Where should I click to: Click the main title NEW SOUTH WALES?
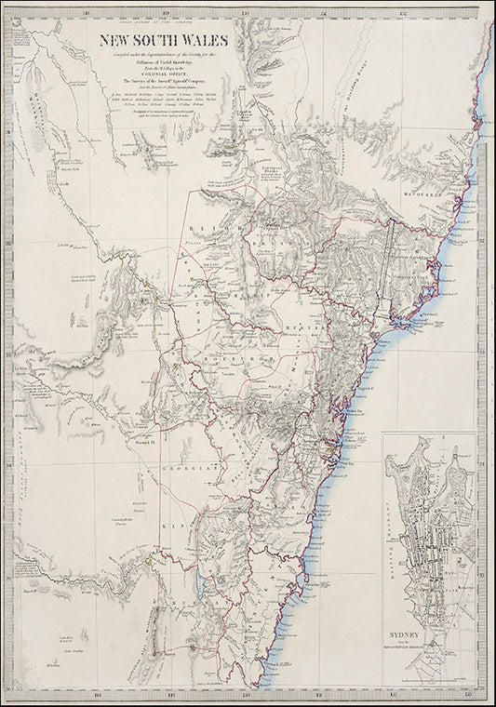point(166,42)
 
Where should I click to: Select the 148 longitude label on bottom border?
point(97,694)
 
